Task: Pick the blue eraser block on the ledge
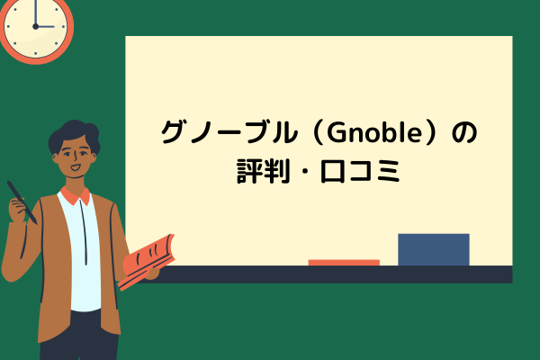(x=433, y=249)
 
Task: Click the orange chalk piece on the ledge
(x=344, y=262)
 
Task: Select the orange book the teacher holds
(x=147, y=256)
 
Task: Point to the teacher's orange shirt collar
(x=76, y=194)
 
